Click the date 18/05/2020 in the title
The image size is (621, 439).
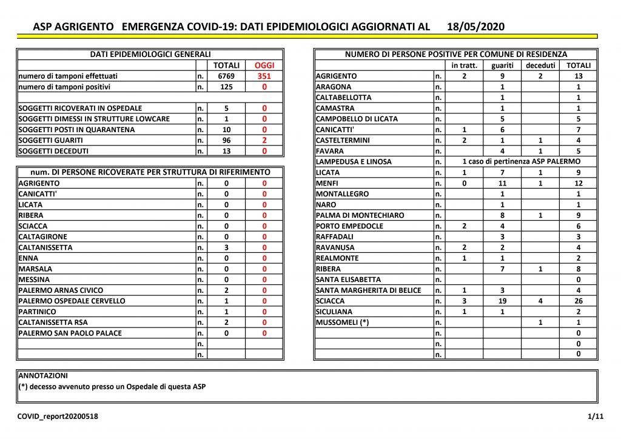475,27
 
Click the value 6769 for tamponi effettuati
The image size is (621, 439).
226,76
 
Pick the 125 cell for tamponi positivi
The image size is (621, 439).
226,87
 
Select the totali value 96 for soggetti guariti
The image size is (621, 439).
226,140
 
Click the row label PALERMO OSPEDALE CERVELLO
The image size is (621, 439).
72,301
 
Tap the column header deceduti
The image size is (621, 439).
540,65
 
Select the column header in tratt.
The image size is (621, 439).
464,65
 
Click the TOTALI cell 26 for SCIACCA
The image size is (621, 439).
578,301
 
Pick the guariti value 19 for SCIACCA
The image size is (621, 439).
502,301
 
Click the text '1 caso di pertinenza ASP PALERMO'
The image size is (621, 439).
521,162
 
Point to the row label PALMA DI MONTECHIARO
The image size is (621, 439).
360,215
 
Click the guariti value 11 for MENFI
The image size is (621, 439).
502,183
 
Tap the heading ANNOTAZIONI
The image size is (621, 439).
43,376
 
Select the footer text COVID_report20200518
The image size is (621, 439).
58,417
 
